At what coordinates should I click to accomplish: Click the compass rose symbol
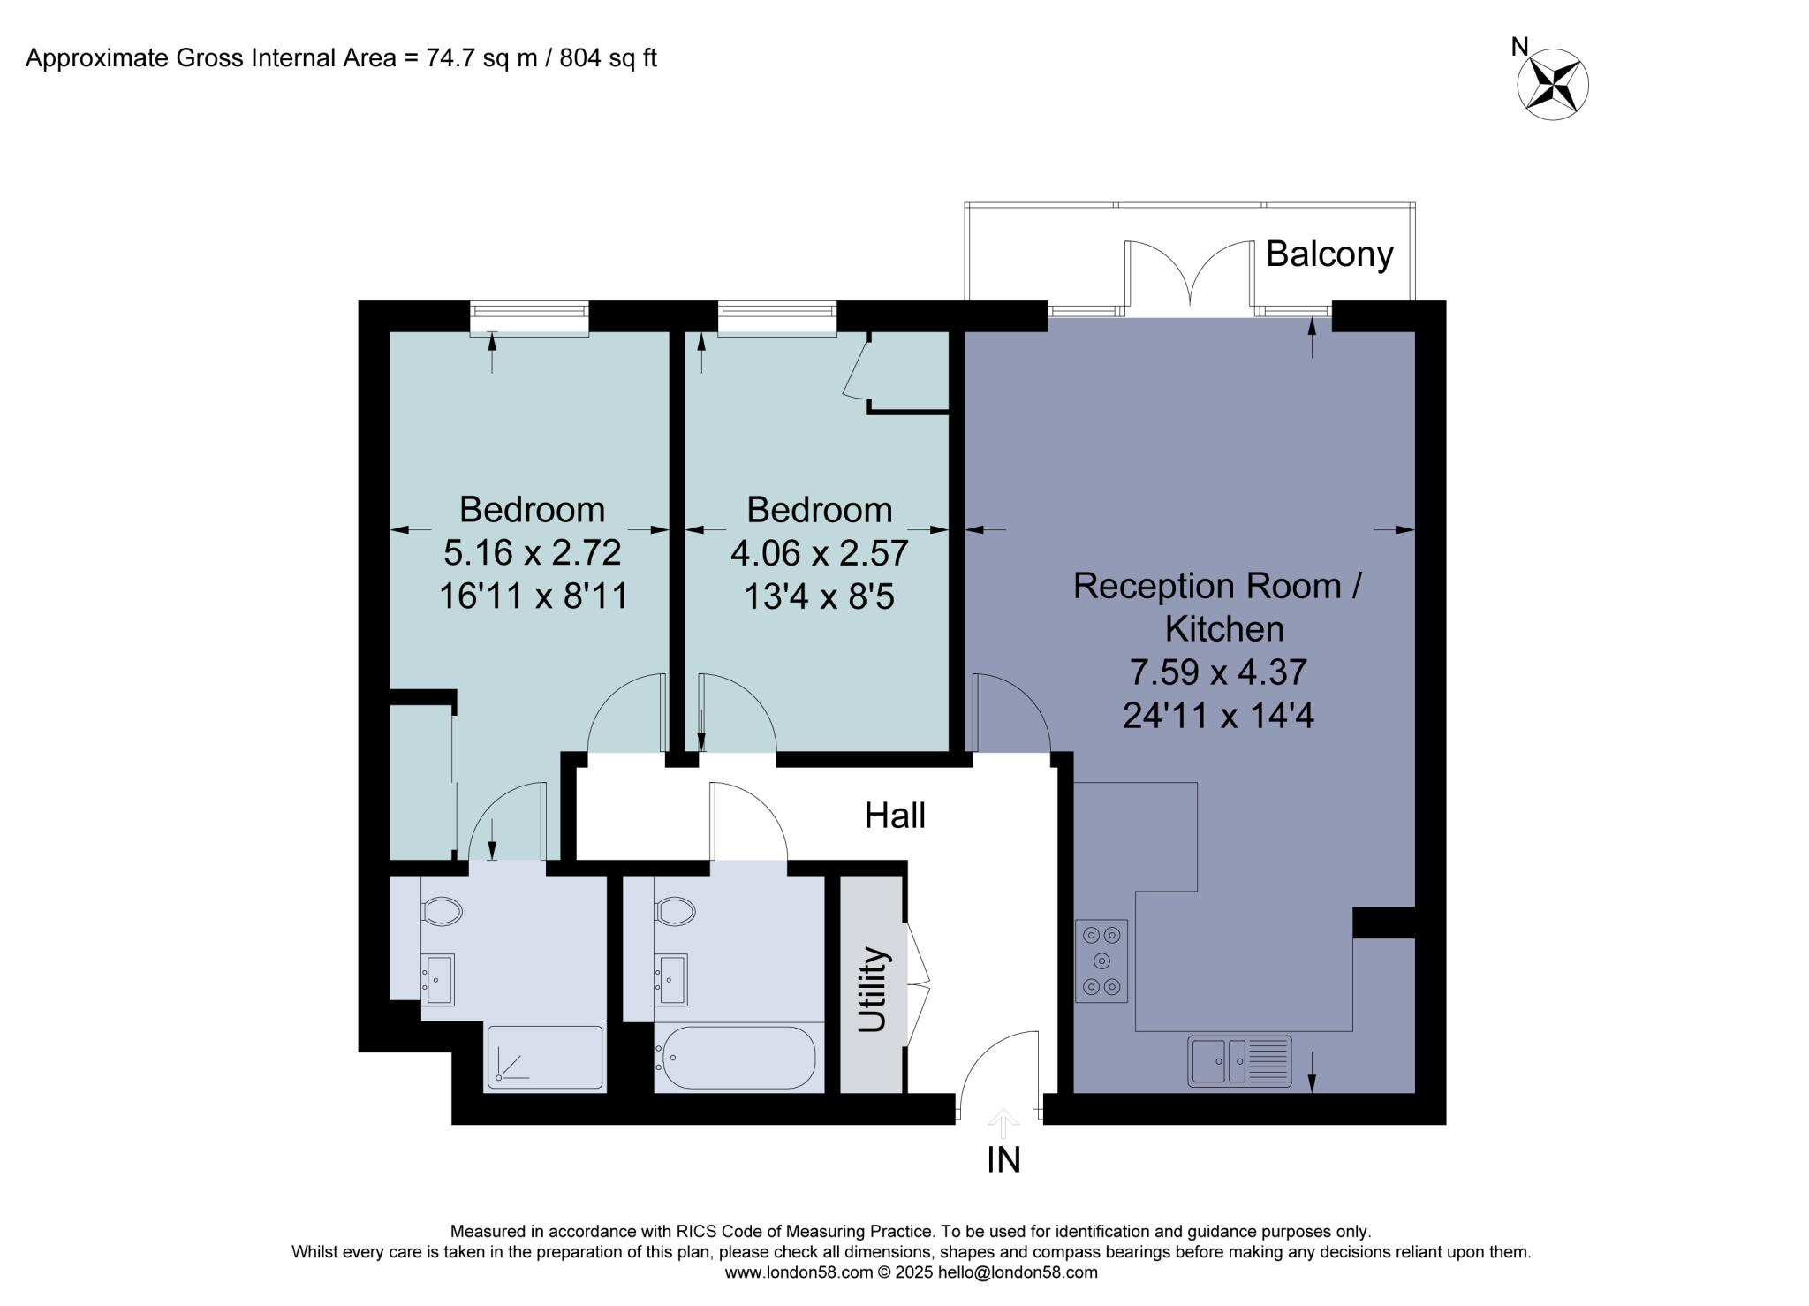point(1553,85)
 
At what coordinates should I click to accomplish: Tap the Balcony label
point(1329,254)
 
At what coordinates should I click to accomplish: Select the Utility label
point(872,989)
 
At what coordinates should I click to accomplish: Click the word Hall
point(895,816)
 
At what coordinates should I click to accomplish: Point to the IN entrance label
point(1003,1160)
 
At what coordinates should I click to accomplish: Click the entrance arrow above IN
point(1003,1123)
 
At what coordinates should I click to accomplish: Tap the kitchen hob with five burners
point(1101,961)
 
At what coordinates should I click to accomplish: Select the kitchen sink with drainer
point(1239,1060)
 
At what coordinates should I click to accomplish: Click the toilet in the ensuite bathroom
point(442,911)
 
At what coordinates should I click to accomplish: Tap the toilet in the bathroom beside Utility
point(675,911)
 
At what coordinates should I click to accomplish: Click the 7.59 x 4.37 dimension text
point(1218,672)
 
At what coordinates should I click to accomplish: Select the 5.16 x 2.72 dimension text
point(533,552)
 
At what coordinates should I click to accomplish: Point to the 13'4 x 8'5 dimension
point(819,596)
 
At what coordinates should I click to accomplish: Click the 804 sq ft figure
point(609,58)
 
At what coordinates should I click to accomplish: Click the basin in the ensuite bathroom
point(439,979)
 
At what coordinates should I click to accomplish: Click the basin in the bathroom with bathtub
point(671,979)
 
